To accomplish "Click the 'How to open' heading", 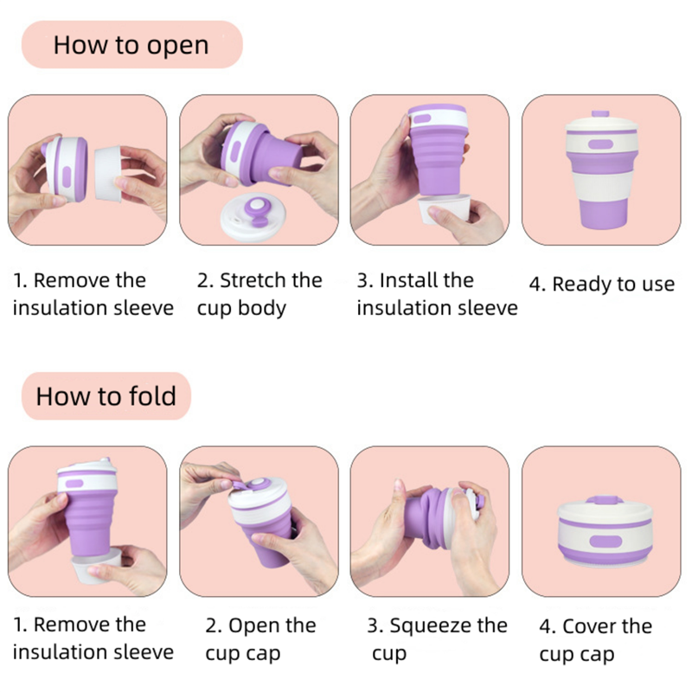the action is [131, 45].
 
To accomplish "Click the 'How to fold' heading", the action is [106, 396].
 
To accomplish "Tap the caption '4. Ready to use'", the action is [601, 285].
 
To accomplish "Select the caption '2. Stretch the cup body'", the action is [259, 294].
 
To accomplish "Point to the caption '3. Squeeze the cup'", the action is [437, 639].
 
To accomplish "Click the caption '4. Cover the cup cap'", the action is [595, 640].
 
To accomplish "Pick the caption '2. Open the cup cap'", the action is [260, 639].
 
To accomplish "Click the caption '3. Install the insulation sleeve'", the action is [437, 294].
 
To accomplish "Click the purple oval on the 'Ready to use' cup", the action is [600, 144].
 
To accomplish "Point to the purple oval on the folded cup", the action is [605, 541].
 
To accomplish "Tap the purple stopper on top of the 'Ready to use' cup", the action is [600, 113].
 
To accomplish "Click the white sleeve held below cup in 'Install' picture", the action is [444, 208].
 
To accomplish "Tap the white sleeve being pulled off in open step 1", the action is [108, 174].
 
